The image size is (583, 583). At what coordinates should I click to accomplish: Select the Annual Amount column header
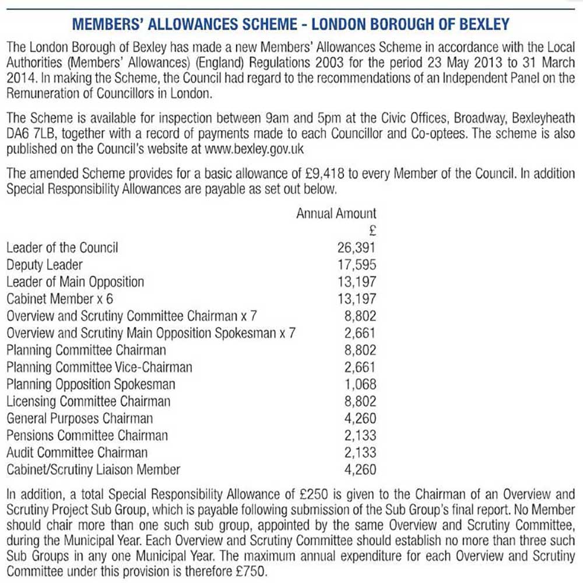tap(336, 213)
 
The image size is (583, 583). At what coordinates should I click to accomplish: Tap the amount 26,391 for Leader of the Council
tap(357, 248)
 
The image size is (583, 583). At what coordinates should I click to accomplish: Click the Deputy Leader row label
tap(44, 265)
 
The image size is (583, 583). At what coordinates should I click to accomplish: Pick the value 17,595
tap(357, 265)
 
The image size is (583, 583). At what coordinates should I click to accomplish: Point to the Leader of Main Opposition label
tap(75, 282)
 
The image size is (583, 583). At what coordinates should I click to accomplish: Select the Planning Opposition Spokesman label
tap(91, 385)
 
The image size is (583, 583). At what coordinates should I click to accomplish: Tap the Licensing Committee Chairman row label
tap(89, 402)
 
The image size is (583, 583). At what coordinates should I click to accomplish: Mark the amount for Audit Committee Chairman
tap(360, 452)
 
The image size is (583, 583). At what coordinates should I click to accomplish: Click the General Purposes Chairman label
tap(80, 419)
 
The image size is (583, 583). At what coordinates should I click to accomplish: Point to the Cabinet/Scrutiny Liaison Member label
tap(93, 470)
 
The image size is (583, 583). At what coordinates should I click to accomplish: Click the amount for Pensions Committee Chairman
tap(360, 436)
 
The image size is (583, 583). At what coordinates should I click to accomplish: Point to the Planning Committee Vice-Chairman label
tap(99, 367)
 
